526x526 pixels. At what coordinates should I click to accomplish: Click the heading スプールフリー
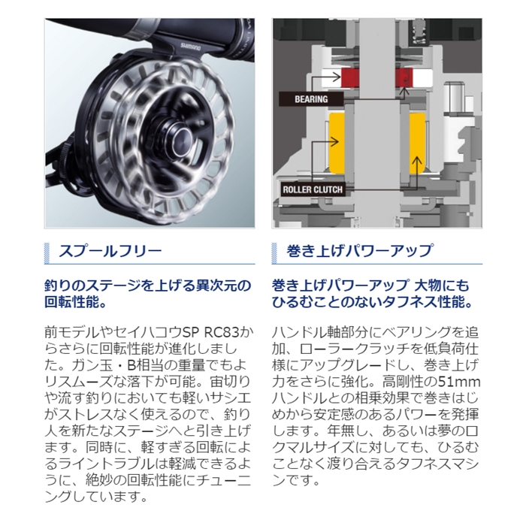pyautogui.click(x=113, y=251)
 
